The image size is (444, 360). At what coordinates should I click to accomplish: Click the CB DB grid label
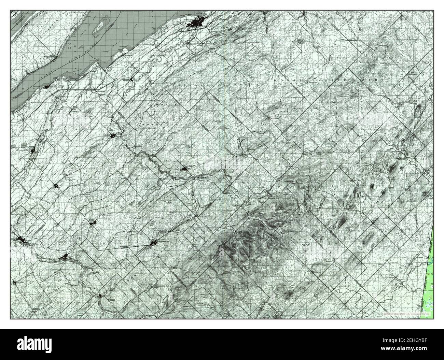click(305, 245)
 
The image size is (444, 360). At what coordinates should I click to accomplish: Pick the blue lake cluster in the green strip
click(431, 262)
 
